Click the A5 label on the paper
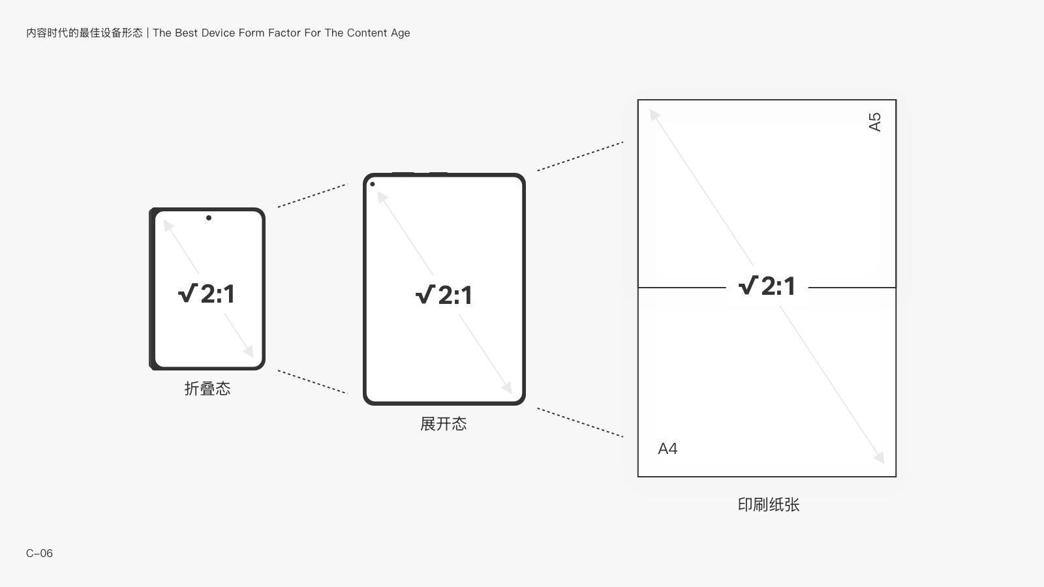pos(875,122)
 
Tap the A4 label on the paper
pos(668,449)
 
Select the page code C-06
pos(39,553)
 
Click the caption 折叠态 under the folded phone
pos(207,389)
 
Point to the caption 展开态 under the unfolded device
pos(443,424)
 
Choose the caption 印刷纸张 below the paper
pos(769,505)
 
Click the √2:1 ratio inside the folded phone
pos(206,293)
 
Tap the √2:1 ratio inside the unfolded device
pos(444,295)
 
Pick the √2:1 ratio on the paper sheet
pos(767,286)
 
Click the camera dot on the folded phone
pos(209,218)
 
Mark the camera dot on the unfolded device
pos(373,184)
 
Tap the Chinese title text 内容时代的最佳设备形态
pos(84,33)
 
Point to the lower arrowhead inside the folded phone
pos(249,352)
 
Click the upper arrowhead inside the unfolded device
pos(382,196)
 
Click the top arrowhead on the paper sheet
pos(654,115)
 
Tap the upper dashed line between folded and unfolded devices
pos(313,195)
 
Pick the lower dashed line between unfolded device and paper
pos(580,423)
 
